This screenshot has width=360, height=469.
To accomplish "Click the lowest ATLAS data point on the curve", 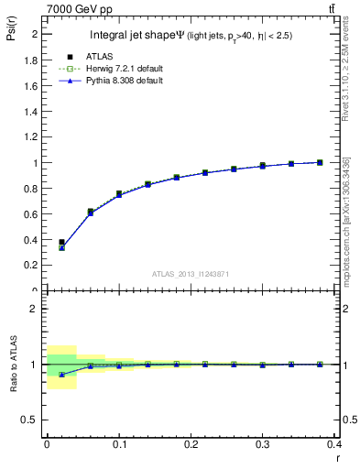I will pyautogui.click(x=61, y=243).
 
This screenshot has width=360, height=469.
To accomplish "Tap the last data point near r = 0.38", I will pyautogui.click(x=320, y=162).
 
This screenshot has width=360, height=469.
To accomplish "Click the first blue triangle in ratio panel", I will pyautogui.click(x=61, y=375).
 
